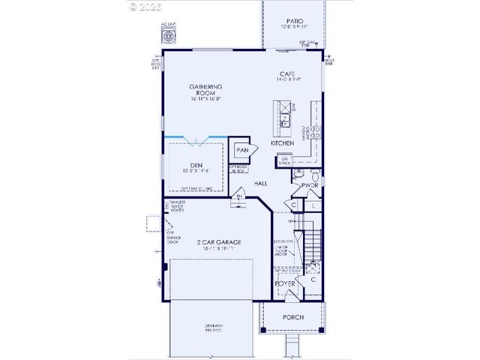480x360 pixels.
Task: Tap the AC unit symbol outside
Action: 166,37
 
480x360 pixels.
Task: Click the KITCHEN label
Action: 282,142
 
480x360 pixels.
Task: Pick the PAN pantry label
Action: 242,150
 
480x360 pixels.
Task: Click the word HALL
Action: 261,183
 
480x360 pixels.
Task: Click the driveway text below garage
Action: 214,328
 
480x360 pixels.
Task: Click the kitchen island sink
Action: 285,116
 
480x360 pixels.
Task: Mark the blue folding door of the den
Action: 195,138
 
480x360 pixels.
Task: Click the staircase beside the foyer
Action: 310,248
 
